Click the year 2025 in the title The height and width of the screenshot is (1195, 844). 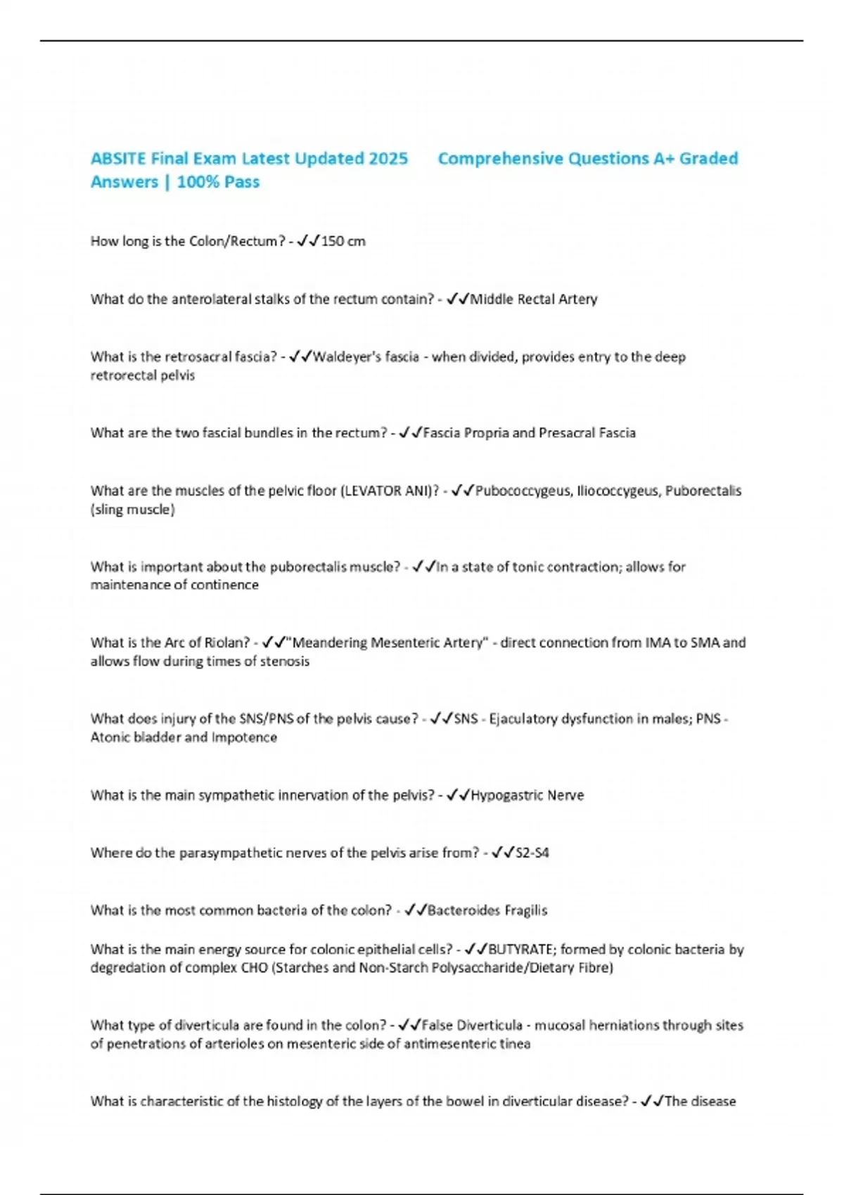pyautogui.click(x=388, y=159)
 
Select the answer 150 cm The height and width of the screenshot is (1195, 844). pyautogui.click(x=343, y=241)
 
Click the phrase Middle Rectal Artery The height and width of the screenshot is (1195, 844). pyautogui.click(x=534, y=299)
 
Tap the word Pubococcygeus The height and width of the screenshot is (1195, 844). pyautogui.click(x=523, y=491)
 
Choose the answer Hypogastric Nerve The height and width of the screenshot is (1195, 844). pyautogui.click(x=527, y=796)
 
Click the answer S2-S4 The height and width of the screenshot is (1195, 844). pyautogui.click(x=532, y=853)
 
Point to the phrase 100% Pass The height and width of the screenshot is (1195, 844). pyautogui.click(x=218, y=182)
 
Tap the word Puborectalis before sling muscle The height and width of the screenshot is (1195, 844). pyautogui.click(x=703, y=491)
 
